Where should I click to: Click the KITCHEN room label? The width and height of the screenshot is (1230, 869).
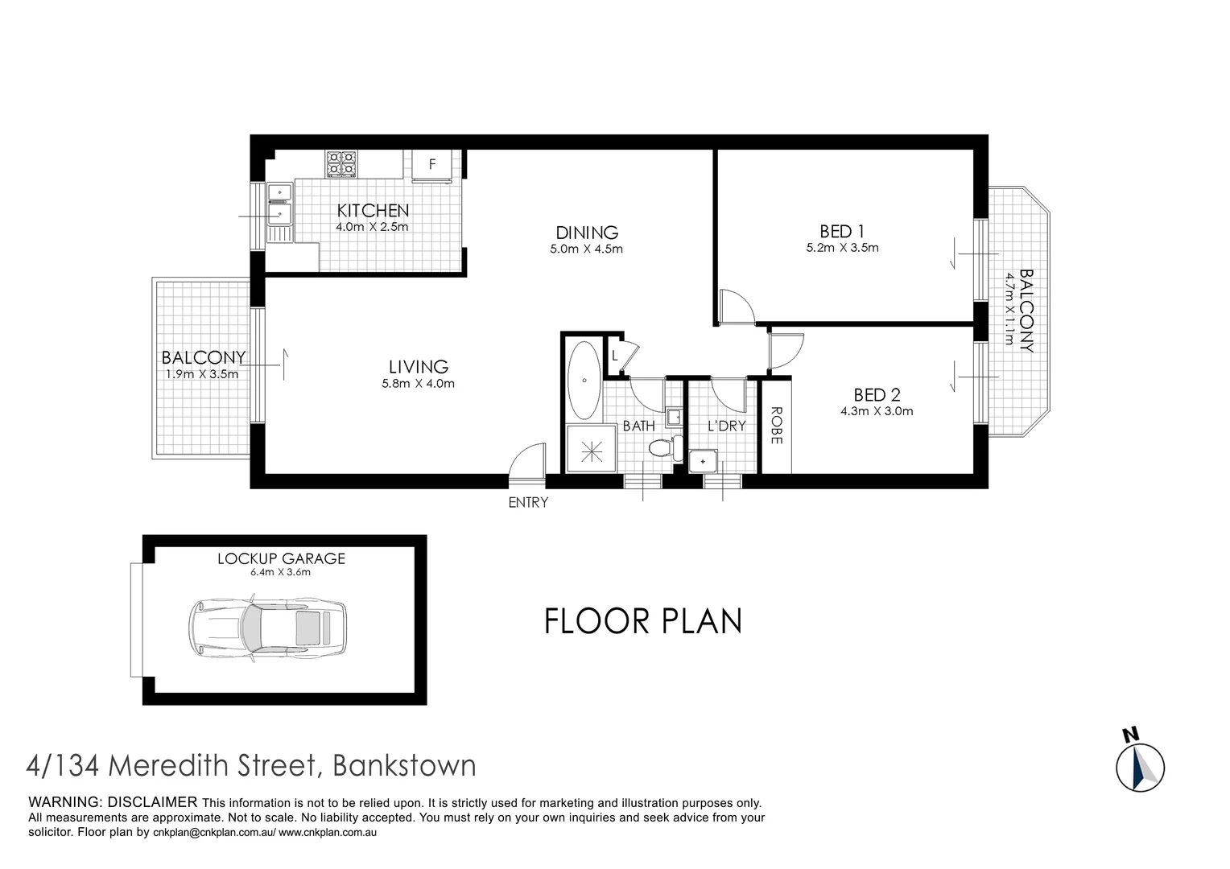(x=373, y=211)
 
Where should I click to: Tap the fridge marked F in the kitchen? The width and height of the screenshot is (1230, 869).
(x=432, y=164)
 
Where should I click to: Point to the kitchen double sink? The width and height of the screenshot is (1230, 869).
(x=279, y=204)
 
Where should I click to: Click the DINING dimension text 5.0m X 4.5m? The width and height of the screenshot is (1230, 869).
(x=586, y=249)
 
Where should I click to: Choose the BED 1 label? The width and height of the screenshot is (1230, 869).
(x=841, y=231)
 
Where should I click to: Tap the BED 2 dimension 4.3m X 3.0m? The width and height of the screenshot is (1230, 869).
(x=877, y=411)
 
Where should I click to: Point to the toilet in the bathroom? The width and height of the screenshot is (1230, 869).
(x=663, y=448)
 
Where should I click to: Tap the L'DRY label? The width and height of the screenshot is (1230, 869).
(x=726, y=426)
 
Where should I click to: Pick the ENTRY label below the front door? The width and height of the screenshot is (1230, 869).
(x=528, y=503)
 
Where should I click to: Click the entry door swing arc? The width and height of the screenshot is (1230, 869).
(x=527, y=464)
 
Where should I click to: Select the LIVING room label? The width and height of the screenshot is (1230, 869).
(x=418, y=367)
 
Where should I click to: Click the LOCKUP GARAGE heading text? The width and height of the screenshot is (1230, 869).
(x=281, y=558)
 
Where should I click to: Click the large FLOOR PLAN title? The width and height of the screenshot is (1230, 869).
(x=642, y=621)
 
